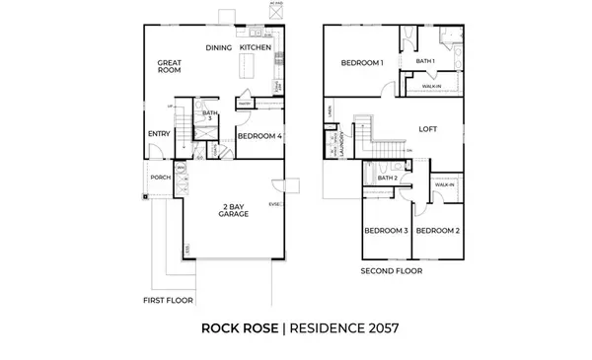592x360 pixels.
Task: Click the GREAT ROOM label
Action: pyautogui.click(x=172, y=67)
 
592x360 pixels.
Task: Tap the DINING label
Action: pyautogui.click(x=218, y=47)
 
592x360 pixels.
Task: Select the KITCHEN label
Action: pyautogui.click(x=255, y=47)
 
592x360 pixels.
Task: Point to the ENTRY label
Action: pyautogui.click(x=159, y=133)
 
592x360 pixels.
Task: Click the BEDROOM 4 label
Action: pyautogui.click(x=259, y=135)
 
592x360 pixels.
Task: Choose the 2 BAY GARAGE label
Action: pyautogui.click(x=234, y=210)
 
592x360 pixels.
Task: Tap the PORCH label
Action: pyautogui.click(x=161, y=178)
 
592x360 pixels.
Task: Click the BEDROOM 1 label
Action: pyautogui.click(x=362, y=64)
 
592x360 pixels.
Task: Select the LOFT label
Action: pyautogui.click(x=427, y=129)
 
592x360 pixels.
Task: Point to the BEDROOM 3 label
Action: pyautogui.click(x=386, y=231)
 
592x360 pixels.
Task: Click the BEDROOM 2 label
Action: pyautogui.click(x=436, y=231)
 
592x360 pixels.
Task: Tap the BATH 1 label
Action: pyautogui.click(x=425, y=61)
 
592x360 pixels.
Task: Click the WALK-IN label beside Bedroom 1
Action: pyautogui.click(x=430, y=86)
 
